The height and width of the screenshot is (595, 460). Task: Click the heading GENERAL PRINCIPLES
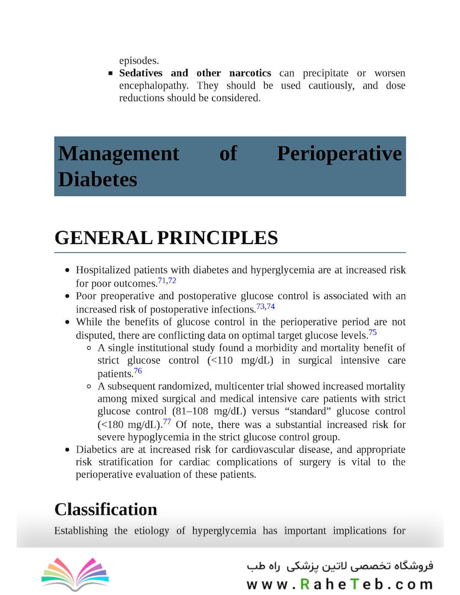coord(166,238)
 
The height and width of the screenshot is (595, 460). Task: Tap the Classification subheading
coord(105,509)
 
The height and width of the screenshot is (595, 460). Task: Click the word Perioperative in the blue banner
coord(339,153)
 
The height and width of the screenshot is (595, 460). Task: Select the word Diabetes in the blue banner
coord(98,179)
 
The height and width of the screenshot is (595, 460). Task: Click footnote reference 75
coord(373,332)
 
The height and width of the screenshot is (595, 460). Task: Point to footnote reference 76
coord(138,371)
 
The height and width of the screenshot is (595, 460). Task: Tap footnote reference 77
coord(168,421)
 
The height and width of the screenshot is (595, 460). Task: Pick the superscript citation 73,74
coord(265,306)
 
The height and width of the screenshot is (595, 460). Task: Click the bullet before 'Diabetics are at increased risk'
coord(67,450)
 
